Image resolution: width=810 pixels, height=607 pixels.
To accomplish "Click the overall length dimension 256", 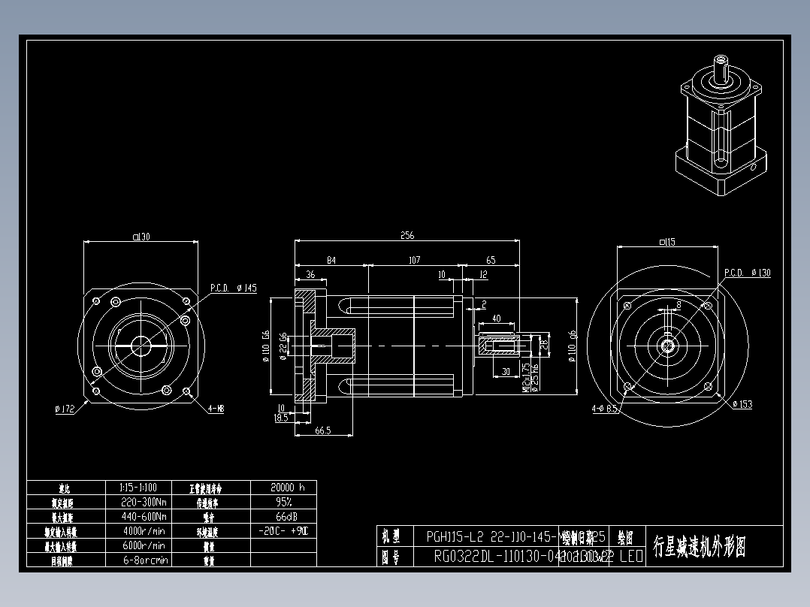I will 407,235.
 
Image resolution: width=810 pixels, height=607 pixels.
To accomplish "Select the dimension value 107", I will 413,260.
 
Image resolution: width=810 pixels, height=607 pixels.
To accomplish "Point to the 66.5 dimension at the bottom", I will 323,430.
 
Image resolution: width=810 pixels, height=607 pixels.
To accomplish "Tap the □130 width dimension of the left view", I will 141,237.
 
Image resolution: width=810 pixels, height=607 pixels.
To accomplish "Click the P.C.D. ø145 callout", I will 233,288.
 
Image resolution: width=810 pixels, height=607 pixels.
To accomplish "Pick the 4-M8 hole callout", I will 216,409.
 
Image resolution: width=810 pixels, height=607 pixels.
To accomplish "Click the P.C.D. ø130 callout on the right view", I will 747,273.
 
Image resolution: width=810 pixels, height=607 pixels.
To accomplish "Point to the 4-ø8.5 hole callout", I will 604,409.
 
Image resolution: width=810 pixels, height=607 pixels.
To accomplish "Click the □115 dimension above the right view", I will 666,242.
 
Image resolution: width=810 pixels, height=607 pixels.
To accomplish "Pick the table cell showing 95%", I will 283,502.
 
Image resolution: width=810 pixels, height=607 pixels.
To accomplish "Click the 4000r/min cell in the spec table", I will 144,531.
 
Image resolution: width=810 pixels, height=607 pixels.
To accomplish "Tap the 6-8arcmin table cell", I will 144,560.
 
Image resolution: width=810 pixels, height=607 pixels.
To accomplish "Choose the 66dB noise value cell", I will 283,517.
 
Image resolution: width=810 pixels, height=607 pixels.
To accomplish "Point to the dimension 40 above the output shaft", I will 496,319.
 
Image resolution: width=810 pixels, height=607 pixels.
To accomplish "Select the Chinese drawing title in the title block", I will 699,546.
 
